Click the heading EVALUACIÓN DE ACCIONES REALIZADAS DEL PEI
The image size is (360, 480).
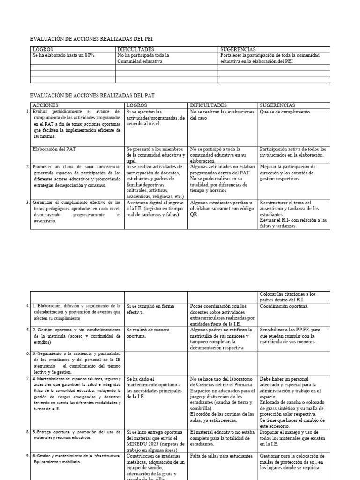coord(91,39)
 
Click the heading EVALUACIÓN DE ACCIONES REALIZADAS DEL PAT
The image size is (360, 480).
coord(92,95)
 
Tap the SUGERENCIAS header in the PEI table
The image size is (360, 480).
coord(238,49)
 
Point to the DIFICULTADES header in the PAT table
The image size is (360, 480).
coord(208,105)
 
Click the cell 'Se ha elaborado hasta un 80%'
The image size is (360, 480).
coord(63,55)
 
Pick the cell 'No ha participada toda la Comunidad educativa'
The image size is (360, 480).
coord(143,58)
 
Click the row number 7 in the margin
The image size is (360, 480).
coord(28,378)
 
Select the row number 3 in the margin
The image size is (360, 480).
coord(28,202)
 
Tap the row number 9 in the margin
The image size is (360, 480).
coord(28,456)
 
